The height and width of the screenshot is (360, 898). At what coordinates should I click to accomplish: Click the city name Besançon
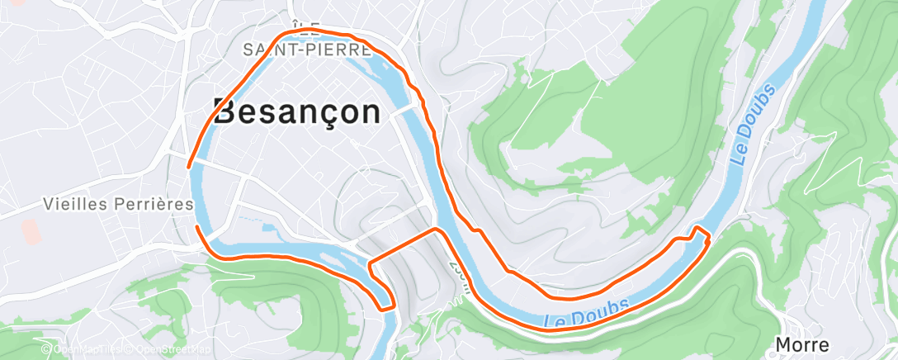pos(297,112)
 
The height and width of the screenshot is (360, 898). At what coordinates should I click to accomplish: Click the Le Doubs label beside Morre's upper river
pos(754,124)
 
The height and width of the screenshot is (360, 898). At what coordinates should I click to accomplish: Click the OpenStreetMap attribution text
pos(170,350)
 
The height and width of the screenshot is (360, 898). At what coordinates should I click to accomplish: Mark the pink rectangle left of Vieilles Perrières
pos(31,231)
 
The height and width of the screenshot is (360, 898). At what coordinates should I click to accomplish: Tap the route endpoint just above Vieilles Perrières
pos(191,165)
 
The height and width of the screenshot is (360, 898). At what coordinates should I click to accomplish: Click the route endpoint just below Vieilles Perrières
pos(196,225)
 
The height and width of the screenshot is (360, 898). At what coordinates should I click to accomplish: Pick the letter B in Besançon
pos(227,112)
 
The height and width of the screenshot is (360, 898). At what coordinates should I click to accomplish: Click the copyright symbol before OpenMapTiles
pos(49,350)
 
